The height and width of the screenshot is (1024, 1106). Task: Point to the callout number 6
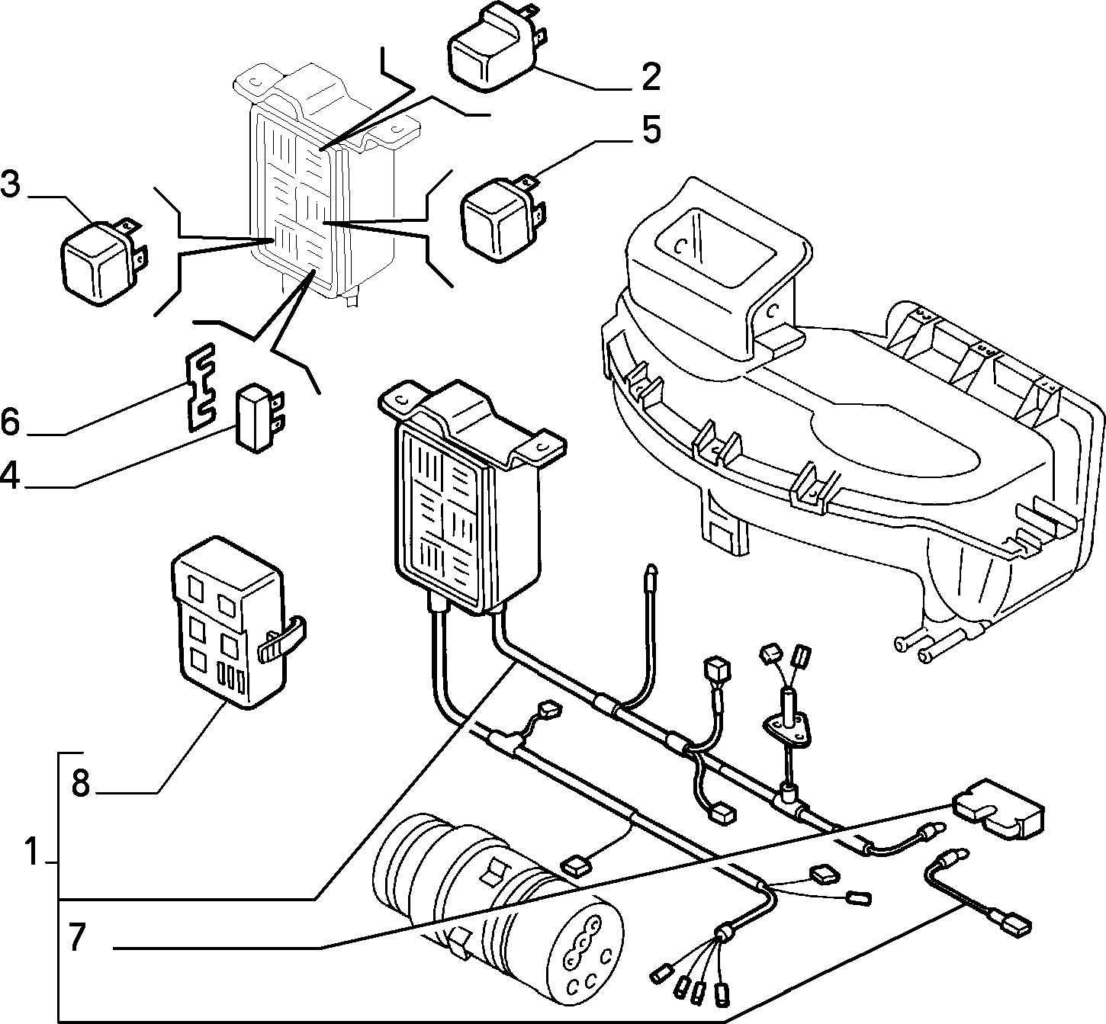[x=11, y=422]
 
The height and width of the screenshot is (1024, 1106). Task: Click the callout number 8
[x=81, y=784]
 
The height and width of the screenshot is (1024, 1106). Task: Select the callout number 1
[x=31, y=852]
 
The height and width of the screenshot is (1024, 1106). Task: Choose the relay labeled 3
[x=104, y=261]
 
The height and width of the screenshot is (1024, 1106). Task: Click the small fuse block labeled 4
[x=261, y=416]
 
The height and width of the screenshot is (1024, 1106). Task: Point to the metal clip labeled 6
[x=199, y=387]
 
